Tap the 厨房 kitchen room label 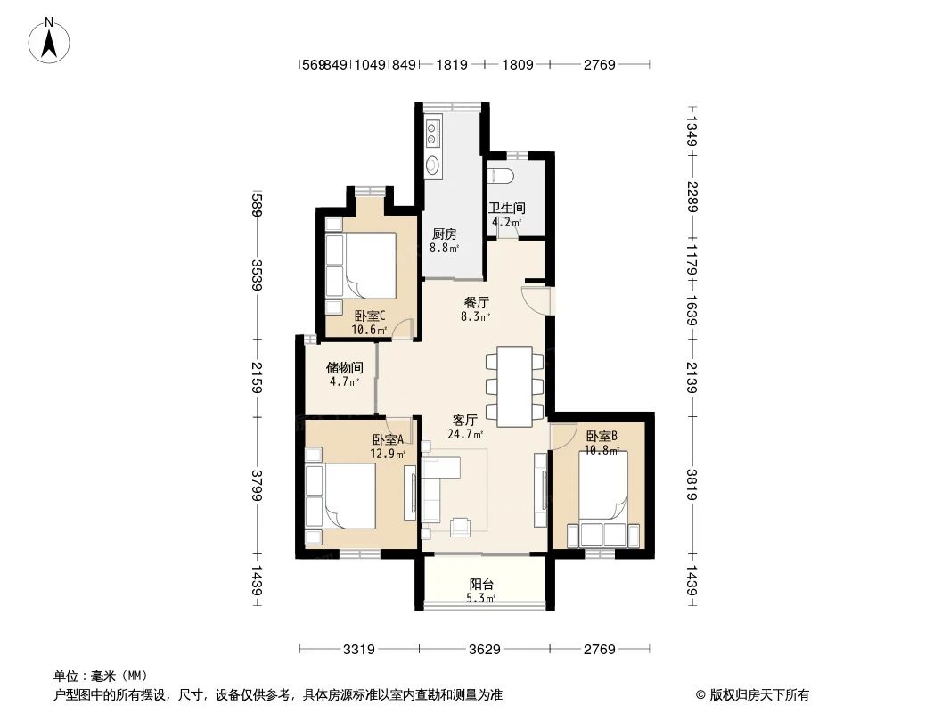click(444, 234)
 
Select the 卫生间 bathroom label click(506, 209)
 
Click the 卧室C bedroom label click(369, 316)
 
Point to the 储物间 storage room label click(344, 367)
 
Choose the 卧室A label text click(389, 439)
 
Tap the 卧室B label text click(602, 437)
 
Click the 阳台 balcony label click(482, 585)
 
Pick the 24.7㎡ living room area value click(465, 435)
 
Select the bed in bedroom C click(365, 265)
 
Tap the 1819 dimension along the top click(454, 64)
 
